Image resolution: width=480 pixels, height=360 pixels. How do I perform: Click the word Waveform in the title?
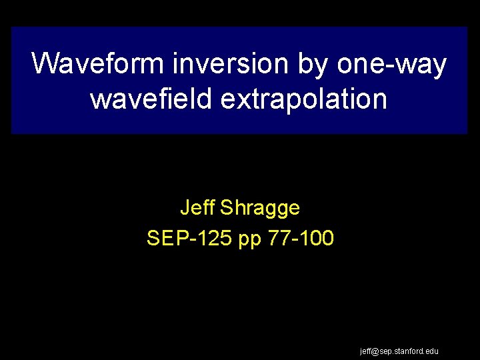point(99,65)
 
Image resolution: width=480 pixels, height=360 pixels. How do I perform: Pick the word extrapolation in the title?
point(303,99)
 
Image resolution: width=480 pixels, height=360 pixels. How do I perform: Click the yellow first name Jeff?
point(196,208)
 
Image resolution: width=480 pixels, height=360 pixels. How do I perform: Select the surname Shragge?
point(260,209)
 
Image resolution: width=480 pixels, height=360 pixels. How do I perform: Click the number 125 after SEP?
point(213,238)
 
